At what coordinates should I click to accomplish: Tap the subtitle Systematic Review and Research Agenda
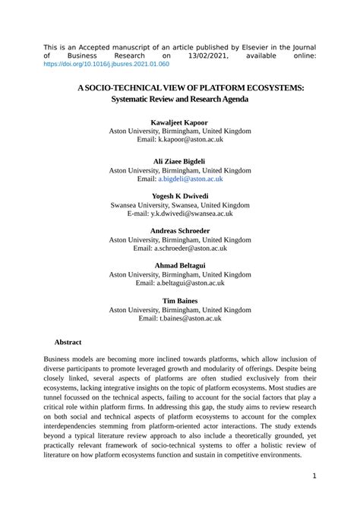click(179, 100)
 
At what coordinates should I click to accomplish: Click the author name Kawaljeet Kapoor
click(179, 122)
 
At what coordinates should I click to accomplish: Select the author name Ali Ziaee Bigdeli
click(179, 162)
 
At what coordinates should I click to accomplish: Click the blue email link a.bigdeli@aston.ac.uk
click(191, 179)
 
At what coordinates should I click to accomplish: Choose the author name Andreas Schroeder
click(179, 230)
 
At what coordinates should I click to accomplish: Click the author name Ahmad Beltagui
click(179, 265)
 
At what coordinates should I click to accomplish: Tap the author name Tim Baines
click(179, 301)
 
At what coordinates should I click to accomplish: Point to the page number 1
click(314, 476)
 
